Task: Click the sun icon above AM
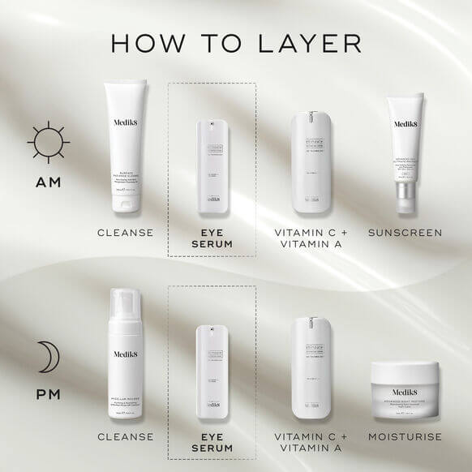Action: [x=43, y=141]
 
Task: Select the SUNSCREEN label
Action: [x=405, y=233]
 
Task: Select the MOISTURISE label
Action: [x=405, y=437]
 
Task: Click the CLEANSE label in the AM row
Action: [x=126, y=233]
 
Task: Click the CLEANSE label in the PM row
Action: [x=126, y=437]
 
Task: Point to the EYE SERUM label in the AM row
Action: [x=212, y=238]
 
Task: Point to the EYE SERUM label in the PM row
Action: [x=212, y=442]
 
